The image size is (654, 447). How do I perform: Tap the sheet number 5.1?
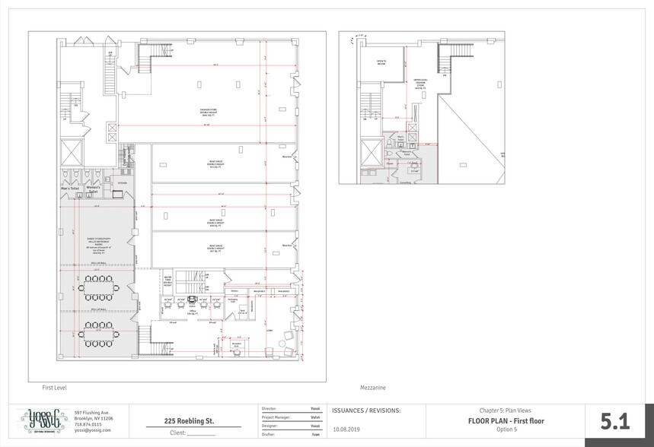click(617, 421)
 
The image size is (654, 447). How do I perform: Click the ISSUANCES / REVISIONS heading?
click(366, 410)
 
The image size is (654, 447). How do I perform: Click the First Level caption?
click(56, 388)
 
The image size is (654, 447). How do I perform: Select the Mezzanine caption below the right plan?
click(373, 388)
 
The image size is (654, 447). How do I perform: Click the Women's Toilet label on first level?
click(94, 189)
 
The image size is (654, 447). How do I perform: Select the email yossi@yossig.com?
click(93, 430)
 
